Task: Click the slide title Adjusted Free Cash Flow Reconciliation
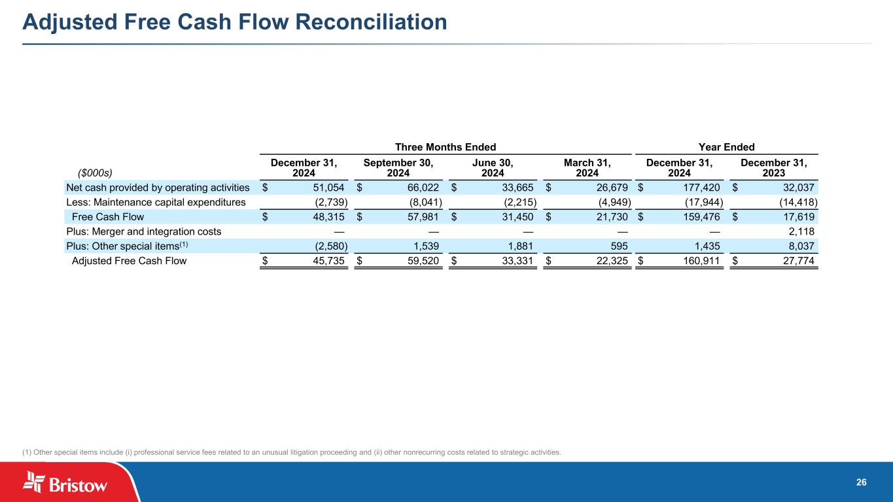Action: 235,22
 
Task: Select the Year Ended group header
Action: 726,147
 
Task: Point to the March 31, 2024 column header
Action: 587,167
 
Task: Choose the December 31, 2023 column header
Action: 773,167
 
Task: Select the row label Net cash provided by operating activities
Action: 158,188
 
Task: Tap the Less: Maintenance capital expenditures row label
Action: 156,202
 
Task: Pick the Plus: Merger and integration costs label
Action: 143,231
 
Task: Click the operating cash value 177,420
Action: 702,188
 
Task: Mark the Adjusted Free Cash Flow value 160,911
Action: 702,261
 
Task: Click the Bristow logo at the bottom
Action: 65,484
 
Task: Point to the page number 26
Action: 861,482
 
